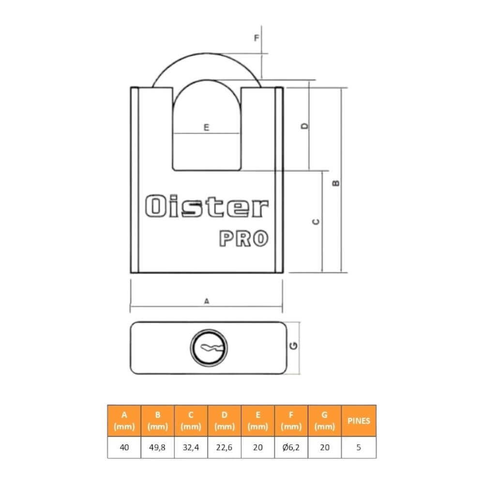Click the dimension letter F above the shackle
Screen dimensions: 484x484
click(257, 38)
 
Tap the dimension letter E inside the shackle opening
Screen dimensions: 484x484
click(206, 127)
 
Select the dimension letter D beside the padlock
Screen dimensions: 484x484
click(304, 126)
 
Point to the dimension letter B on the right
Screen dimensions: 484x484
click(336, 183)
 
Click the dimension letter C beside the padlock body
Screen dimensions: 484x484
click(316, 222)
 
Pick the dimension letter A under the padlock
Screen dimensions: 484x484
click(207, 301)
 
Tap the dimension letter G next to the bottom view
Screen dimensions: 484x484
click(294, 346)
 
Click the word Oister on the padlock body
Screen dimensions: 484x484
click(207, 206)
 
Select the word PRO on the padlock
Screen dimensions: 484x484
click(243, 238)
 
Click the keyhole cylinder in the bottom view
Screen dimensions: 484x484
click(209, 348)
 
